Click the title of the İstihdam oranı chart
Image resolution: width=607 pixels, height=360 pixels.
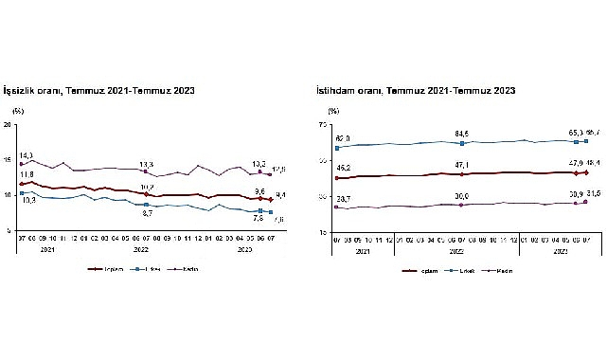pyautogui.click(x=416, y=91)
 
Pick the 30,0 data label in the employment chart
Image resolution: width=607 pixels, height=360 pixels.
pyautogui.click(x=461, y=196)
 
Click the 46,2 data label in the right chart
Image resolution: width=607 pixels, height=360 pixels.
pyautogui.click(x=344, y=168)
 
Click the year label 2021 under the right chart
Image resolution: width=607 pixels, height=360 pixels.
pyautogui.click(x=363, y=251)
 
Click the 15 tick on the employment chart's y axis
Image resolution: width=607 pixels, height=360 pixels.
pyautogui.click(x=322, y=231)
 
